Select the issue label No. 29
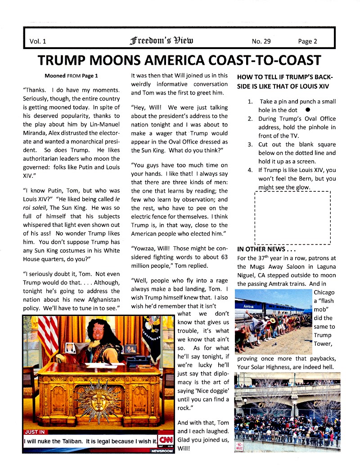point(261,41)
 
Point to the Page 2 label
point(307,41)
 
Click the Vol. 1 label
point(38,41)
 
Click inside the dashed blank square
point(292,217)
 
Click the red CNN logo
point(166,438)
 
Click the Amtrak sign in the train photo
point(249,306)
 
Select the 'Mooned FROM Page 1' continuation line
point(71,76)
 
